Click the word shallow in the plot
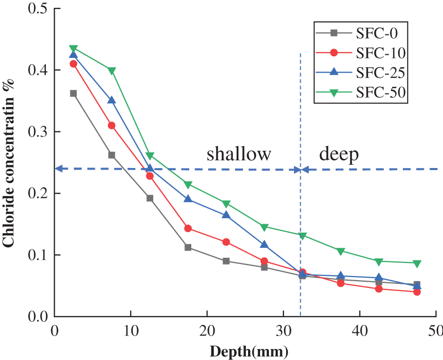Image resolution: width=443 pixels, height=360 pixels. tap(239, 154)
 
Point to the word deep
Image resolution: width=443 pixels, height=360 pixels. tap(339, 154)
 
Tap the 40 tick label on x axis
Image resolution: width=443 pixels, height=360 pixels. tap(360, 330)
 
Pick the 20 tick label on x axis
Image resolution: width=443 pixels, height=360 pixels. tap(207, 330)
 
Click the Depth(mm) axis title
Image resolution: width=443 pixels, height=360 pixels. tap(249, 351)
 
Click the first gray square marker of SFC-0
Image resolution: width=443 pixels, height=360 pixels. tap(73, 93)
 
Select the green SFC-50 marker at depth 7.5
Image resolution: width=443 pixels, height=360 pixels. tap(112, 70)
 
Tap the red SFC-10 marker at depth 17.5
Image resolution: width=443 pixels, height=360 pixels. tap(188, 229)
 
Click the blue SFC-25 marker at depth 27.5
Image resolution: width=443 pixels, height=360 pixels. tap(264, 245)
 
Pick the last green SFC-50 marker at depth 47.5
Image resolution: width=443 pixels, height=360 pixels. tap(417, 263)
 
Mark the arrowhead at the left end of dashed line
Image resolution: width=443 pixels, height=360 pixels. tap(58, 169)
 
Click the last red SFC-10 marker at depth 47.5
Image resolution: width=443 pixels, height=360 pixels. tap(417, 292)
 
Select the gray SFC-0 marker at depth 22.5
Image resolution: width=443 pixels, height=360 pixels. tap(226, 261)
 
